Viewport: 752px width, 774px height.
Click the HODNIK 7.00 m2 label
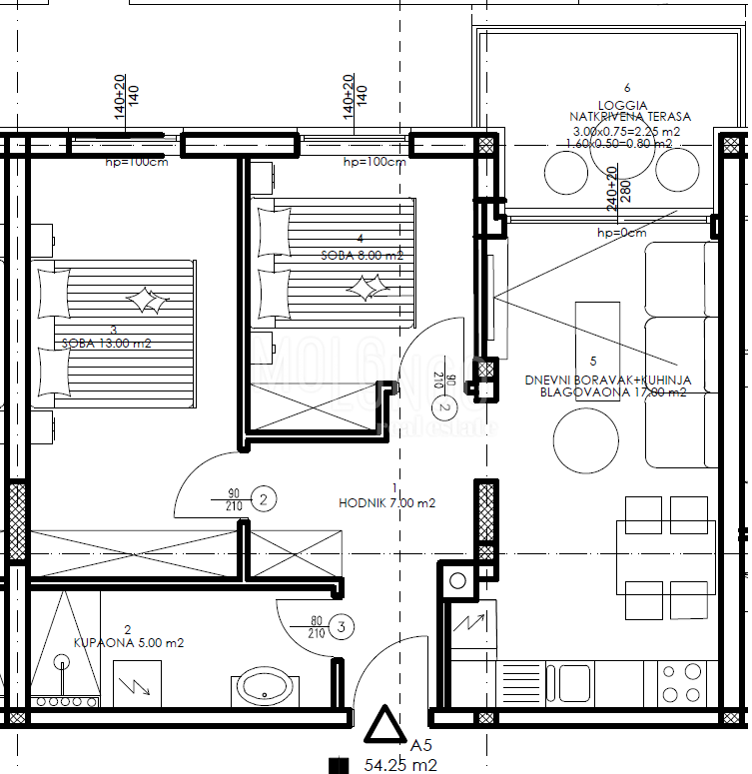click(386, 503)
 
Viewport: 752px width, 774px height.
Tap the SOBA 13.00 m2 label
click(106, 344)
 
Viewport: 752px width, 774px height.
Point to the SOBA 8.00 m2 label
click(362, 255)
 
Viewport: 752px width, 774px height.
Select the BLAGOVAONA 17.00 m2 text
click(612, 392)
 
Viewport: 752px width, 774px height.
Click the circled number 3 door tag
click(342, 626)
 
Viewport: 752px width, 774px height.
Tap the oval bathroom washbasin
click(264, 687)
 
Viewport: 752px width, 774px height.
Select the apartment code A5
click(422, 745)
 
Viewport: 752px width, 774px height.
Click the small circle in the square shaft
click(458, 579)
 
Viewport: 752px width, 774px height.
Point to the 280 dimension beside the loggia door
click(626, 192)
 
